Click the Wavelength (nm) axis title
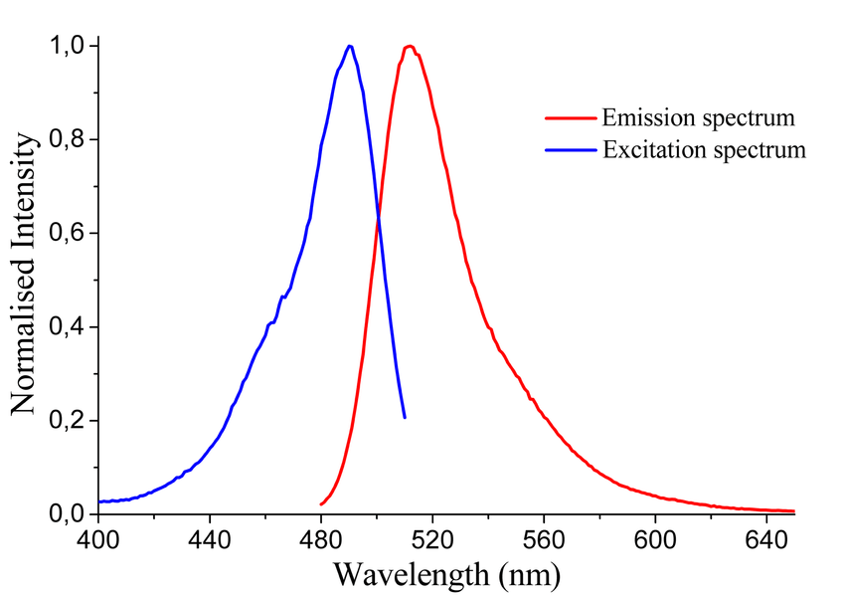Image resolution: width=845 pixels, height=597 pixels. click(446, 574)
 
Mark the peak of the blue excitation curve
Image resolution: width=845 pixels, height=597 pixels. click(349, 46)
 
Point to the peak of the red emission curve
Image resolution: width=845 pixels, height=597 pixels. click(409, 46)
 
